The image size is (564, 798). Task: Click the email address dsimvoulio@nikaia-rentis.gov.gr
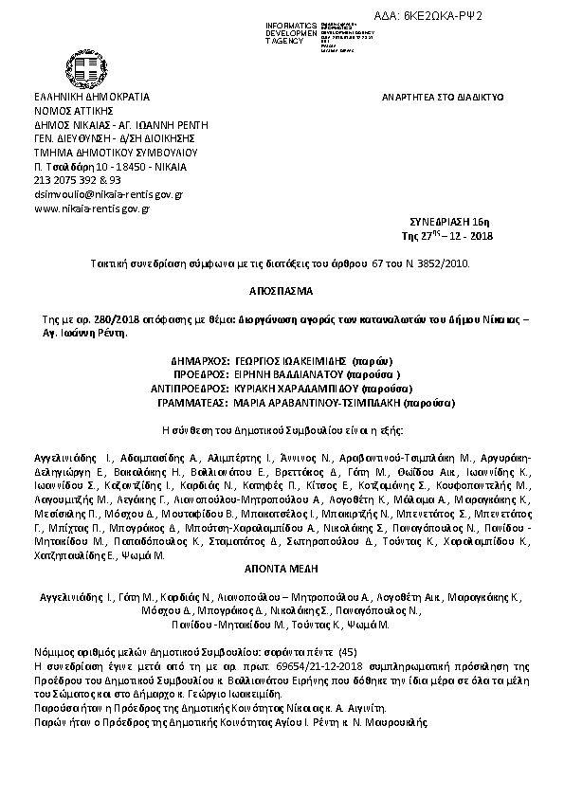(108, 193)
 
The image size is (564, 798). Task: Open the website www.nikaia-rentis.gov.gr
(92, 208)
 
